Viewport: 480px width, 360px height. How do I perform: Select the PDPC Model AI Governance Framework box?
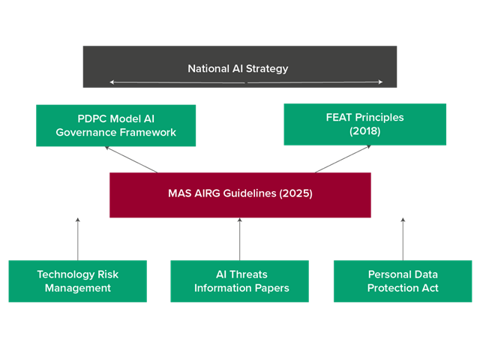pyautogui.click(x=116, y=125)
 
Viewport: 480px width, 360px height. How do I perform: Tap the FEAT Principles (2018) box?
pyautogui.click(x=365, y=124)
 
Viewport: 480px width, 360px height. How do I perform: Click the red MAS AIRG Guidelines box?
pyautogui.click(x=240, y=195)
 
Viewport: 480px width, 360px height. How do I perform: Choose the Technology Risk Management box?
pyautogui.click(x=78, y=281)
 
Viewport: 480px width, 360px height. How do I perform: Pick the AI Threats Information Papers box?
pyautogui.click(x=240, y=281)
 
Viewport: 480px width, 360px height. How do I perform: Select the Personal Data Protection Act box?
pyautogui.click(x=403, y=281)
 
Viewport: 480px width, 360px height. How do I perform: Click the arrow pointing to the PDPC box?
pyautogui.click(x=131, y=159)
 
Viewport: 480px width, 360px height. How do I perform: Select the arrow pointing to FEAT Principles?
pyautogui.click(x=343, y=158)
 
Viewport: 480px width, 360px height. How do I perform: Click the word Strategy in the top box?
pyautogui.click(x=268, y=69)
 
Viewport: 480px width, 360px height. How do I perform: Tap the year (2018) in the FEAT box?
pyautogui.click(x=365, y=131)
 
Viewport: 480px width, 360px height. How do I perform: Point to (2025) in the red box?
pyautogui.click(x=294, y=193)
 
